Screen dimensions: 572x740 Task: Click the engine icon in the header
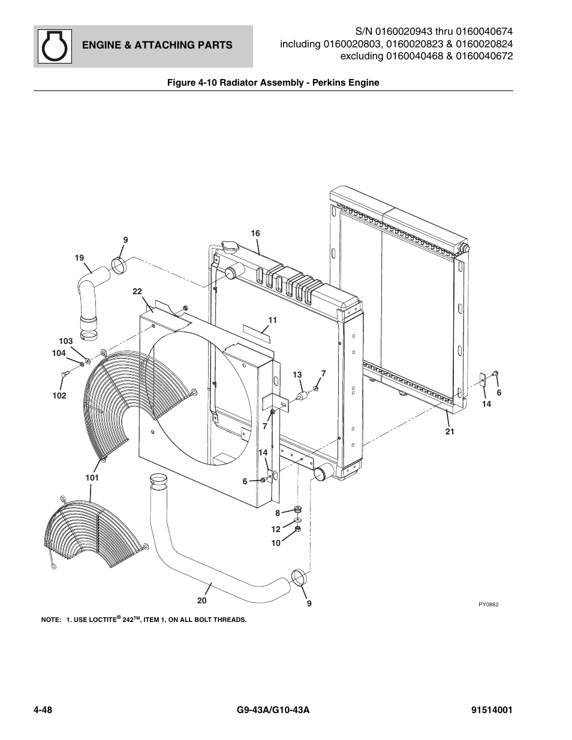pos(55,46)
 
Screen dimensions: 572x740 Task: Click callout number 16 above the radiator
pos(255,233)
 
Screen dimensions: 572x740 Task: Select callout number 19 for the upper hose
pos(79,258)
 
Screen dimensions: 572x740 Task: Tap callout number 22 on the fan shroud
pos(137,291)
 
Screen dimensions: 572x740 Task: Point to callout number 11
pos(273,320)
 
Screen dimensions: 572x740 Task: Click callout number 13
pos(297,374)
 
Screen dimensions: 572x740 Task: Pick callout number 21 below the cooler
pos(450,431)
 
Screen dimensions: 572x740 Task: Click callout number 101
pos(92,478)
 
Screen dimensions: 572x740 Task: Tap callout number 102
pos(59,395)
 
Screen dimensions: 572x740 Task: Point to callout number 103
pos(66,341)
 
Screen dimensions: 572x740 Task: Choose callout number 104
pos(59,353)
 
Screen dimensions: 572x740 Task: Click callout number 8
pos(278,513)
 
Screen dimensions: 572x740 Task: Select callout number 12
pos(276,529)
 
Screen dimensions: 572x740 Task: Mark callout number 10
pos(276,543)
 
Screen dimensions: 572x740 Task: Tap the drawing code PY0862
pos(489,605)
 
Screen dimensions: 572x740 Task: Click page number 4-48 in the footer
pos(43,710)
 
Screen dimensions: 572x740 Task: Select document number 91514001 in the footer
pos(492,710)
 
